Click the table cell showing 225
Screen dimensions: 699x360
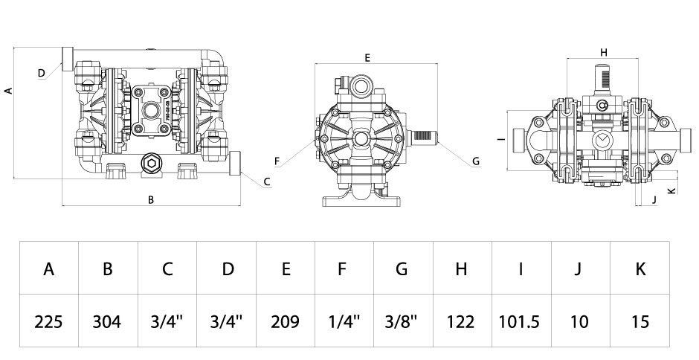point(48,321)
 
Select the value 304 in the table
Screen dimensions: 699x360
point(107,321)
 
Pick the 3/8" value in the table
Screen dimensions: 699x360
point(402,321)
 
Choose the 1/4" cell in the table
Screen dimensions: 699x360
point(344,321)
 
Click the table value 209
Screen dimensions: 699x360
point(285,321)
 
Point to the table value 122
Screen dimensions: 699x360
point(460,321)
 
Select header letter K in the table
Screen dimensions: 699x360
point(640,269)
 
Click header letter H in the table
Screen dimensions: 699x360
point(461,269)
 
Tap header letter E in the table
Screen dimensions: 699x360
point(286,269)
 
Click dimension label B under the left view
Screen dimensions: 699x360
point(151,200)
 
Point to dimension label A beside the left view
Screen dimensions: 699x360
point(8,91)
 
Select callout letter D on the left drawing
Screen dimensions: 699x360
point(42,73)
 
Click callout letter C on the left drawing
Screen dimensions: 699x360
point(267,181)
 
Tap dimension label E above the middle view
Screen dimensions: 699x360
point(367,57)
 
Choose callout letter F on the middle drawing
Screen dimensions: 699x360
point(277,161)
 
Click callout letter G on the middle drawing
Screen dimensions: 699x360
point(476,161)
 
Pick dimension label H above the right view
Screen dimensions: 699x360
point(604,53)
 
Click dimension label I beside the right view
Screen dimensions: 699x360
point(501,140)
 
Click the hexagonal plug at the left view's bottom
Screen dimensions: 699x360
point(151,164)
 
